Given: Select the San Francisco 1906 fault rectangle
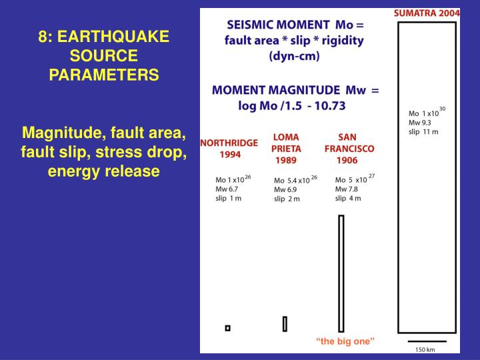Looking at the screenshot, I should (x=341, y=273).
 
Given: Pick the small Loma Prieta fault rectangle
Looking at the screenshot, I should (x=285, y=324).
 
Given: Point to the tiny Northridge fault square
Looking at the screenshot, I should (x=227, y=327).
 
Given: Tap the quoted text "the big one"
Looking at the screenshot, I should (x=345, y=341).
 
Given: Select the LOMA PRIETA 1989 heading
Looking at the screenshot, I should (x=286, y=149).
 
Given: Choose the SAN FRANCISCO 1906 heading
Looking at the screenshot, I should (x=349, y=149).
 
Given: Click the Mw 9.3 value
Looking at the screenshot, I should (x=419, y=122).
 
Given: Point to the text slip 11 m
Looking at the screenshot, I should (x=423, y=131).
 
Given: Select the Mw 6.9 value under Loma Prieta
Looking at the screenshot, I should (x=286, y=189).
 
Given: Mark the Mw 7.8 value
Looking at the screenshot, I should (x=347, y=189).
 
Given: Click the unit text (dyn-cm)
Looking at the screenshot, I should (x=293, y=57).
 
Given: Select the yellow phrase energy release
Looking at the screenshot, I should (x=104, y=171).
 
